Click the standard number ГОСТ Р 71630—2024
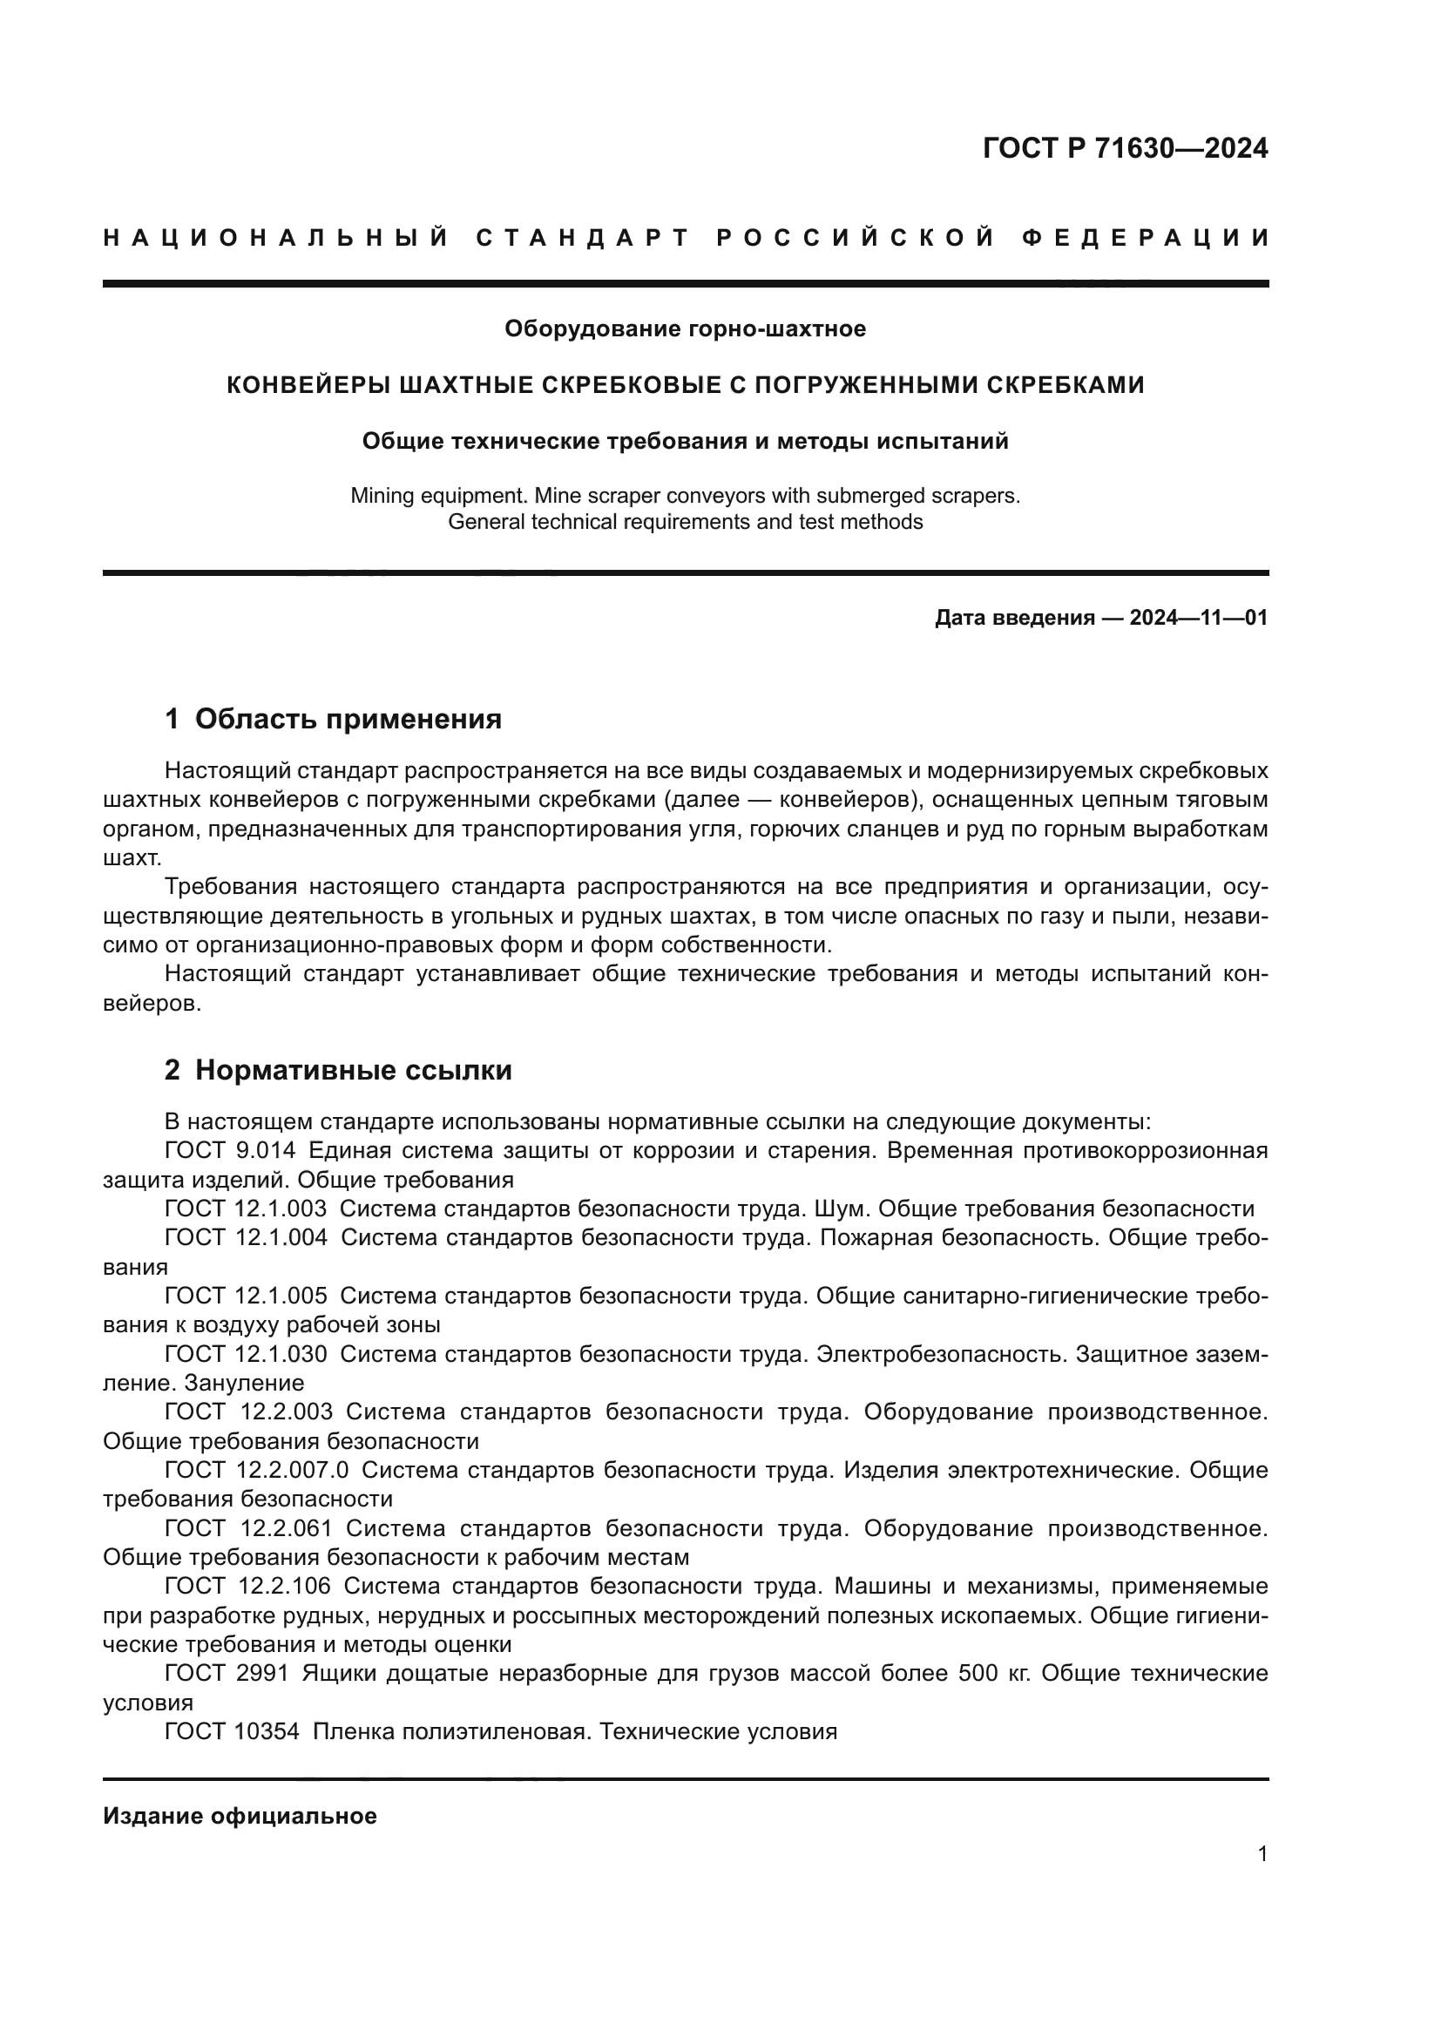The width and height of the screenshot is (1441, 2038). [1125, 148]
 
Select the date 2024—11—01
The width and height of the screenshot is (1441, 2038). [1198, 618]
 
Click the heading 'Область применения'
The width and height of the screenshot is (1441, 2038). [348, 719]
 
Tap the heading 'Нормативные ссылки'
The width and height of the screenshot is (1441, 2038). [353, 1071]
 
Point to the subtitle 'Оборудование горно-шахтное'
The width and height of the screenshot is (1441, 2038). [685, 329]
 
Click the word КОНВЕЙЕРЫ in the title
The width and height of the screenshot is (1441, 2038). [309, 385]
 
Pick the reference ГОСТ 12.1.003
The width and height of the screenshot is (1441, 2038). [246, 1209]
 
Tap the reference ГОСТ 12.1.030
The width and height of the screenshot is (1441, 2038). [246, 1355]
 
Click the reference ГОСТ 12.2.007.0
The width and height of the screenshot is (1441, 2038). [256, 1471]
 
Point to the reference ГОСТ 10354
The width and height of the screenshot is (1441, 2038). [232, 1732]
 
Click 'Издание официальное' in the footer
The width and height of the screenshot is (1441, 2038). [240, 1816]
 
